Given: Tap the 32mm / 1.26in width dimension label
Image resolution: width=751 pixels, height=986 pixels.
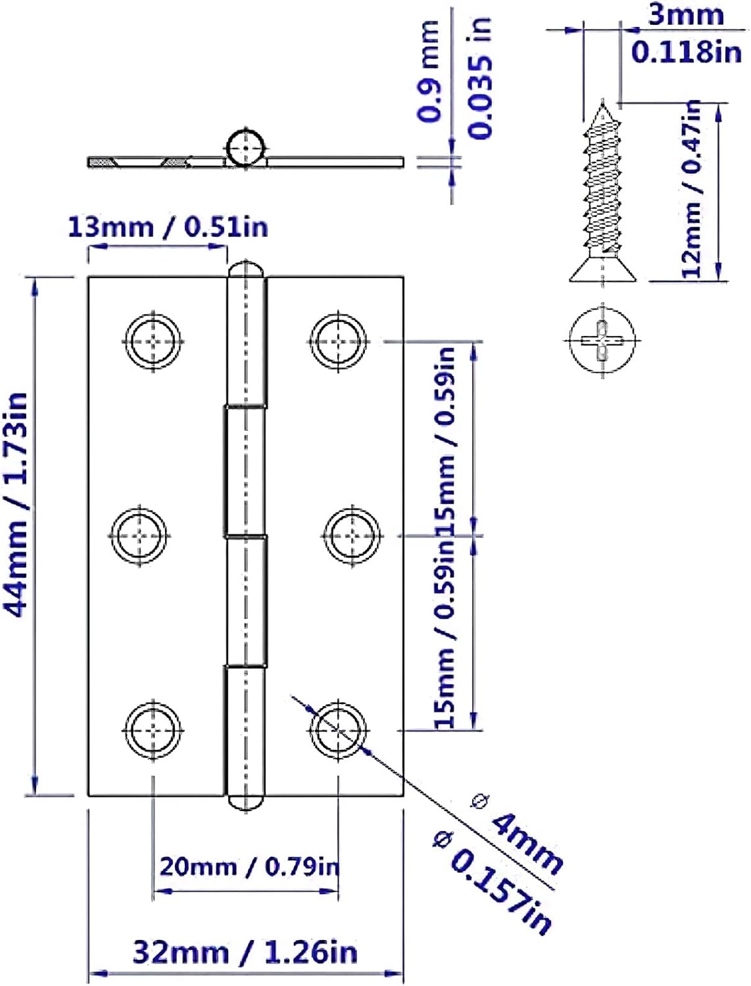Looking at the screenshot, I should [245, 952].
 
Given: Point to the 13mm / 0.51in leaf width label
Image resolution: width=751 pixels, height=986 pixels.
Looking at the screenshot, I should [168, 227].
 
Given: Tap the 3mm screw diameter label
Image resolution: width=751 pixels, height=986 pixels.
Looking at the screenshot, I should [686, 14].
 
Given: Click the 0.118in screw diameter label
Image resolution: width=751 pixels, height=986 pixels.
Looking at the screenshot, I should [686, 51].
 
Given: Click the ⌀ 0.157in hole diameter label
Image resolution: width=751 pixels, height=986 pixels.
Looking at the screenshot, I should [493, 881].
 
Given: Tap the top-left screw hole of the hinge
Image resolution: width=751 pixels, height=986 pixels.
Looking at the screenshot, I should [154, 341].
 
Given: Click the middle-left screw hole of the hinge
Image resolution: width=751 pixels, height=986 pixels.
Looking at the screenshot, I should [139, 536].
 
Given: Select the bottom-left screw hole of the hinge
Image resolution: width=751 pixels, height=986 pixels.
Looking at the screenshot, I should [154, 730].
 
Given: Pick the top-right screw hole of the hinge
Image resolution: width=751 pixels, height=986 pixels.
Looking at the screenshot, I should [339, 341].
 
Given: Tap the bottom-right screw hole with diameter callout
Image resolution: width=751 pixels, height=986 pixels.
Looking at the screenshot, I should [338, 730].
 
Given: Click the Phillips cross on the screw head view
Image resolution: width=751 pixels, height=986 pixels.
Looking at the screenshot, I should [602, 340].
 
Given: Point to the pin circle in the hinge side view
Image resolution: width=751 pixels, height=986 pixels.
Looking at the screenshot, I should [246, 149].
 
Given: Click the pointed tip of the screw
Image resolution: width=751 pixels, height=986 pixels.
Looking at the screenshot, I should [602, 103].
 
